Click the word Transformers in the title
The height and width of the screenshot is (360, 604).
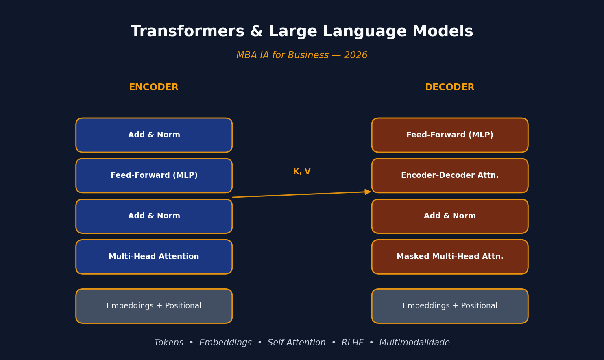[x=188, y=31]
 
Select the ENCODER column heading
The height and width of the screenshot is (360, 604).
[x=154, y=87]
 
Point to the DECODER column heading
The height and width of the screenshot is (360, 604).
[x=450, y=87]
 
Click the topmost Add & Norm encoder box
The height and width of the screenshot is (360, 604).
[x=154, y=135]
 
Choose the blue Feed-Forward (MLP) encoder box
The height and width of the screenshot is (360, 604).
[x=154, y=176]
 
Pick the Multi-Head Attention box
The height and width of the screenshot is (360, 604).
[x=154, y=257]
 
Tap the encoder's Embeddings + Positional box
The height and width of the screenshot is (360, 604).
[x=154, y=306]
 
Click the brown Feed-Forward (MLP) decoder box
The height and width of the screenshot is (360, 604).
[x=450, y=135]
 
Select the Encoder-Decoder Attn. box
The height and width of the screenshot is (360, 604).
[x=450, y=176]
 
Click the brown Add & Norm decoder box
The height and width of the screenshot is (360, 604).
[x=450, y=216]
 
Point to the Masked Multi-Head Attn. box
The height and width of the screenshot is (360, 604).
[x=450, y=257]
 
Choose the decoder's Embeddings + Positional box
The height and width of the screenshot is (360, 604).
[x=450, y=306]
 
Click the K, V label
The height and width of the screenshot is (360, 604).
[x=302, y=172]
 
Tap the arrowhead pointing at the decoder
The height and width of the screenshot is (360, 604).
[x=368, y=192]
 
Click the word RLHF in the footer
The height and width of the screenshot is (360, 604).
[x=352, y=343]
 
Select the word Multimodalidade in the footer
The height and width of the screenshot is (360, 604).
[x=414, y=343]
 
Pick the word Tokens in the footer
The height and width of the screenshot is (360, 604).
[x=169, y=343]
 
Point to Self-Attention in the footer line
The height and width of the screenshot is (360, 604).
[x=297, y=343]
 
